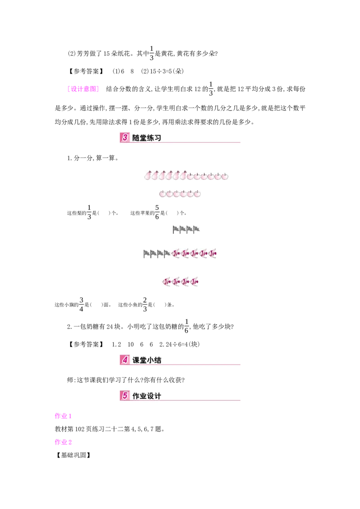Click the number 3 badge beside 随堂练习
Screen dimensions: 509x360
pos(125,138)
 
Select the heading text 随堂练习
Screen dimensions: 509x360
pos(147,138)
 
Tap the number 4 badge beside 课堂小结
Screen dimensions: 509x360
pos(125,360)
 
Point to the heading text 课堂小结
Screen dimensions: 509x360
pos(147,360)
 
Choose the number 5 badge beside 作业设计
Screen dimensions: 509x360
pos(125,396)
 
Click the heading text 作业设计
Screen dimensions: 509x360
pos(147,396)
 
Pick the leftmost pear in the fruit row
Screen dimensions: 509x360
pos(148,176)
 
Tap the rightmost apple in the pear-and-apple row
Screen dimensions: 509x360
pos(225,176)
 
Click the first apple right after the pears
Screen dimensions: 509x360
pos(190,176)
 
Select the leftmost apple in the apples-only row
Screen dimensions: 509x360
pos(162,194)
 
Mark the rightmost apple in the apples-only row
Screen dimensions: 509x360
pos(197,194)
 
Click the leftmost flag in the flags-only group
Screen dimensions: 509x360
pos(176,230)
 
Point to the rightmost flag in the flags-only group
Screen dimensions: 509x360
pos(197,230)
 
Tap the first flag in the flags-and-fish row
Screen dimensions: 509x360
pos(147,254)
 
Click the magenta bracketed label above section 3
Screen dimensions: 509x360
pos(83,89)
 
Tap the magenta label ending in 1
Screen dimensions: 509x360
pos(63,416)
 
